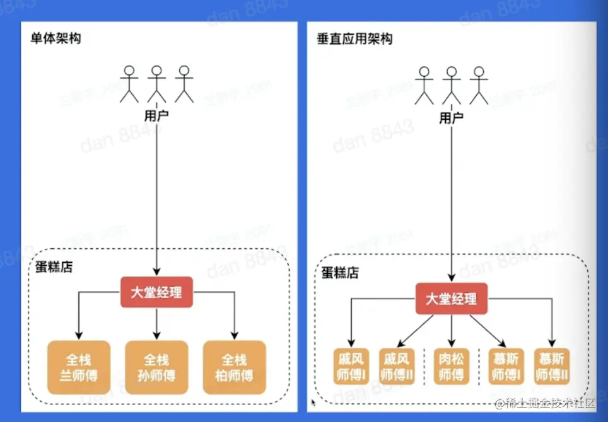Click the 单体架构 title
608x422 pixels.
pos(56,39)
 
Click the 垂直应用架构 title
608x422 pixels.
pos(354,39)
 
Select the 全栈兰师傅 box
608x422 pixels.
pos(79,368)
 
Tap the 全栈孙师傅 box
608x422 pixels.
pos(156,368)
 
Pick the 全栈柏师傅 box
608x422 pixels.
pos(234,368)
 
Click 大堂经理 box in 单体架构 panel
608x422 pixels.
pos(156,293)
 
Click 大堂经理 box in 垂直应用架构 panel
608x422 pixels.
pos(451,299)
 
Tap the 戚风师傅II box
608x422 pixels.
pos(397,367)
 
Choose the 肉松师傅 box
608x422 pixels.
pos(451,367)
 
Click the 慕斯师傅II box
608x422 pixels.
pos(552,367)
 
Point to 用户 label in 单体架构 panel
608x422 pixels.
pos(156,116)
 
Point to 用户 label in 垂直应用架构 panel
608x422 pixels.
pos(451,117)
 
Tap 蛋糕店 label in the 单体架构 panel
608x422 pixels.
pos(56,267)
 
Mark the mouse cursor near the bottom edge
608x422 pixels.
pos(313,401)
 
